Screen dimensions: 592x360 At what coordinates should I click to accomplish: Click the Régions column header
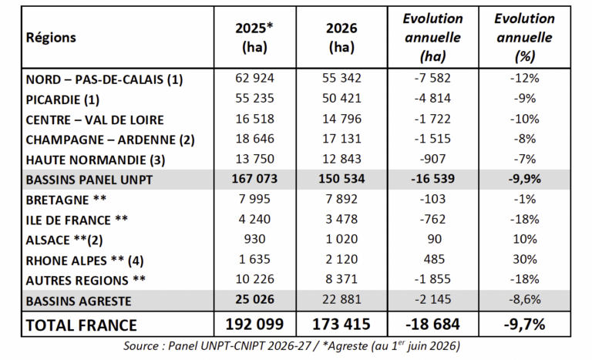[51, 38]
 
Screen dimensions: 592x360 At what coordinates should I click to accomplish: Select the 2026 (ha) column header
[341, 38]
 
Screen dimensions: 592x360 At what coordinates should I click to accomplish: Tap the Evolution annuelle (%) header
[524, 38]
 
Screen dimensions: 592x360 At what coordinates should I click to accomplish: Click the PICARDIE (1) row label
[62, 99]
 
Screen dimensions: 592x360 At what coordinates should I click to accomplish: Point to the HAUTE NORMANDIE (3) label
[96, 160]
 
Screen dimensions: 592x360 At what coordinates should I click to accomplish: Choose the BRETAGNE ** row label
[66, 200]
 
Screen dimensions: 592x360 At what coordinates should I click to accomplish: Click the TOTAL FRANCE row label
[81, 325]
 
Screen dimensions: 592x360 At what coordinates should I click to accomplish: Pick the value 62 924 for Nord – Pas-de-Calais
[255, 78]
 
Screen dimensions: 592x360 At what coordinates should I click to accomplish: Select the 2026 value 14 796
[341, 119]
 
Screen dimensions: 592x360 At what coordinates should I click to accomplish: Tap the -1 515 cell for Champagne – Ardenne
[432, 139]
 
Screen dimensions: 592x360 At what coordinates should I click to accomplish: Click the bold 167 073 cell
[255, 179]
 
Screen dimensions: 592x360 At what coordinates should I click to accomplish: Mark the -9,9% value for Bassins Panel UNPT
[524, 179]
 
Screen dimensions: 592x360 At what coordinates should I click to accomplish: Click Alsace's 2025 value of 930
[255, 239]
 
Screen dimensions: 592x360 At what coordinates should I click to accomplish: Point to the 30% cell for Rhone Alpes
[525, 259]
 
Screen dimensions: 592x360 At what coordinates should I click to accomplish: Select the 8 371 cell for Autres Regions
[341, 279]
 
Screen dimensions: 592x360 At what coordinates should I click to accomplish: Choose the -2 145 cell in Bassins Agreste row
[432, 299]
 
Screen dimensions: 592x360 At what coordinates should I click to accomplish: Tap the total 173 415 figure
[341, 325]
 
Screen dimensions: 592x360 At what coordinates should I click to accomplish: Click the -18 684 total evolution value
[432, 325]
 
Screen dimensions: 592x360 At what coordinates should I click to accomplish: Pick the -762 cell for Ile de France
[432, 219]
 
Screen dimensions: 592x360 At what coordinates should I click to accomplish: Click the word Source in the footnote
[141, 346]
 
